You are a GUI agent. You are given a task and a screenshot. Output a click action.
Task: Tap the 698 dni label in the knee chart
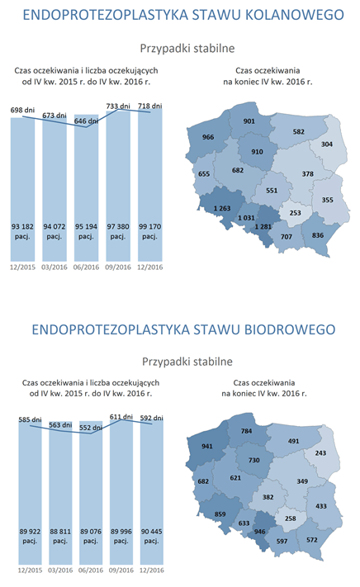pos(23,110)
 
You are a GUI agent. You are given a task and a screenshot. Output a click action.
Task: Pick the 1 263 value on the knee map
pos(221,208)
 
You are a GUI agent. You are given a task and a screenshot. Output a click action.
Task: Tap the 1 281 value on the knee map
pos(264,225)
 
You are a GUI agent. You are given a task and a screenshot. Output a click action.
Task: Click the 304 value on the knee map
pos(328,144)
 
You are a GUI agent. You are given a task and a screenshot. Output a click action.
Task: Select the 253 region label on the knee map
pos(296,212)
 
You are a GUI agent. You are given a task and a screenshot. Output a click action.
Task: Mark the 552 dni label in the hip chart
pos(87,428)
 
